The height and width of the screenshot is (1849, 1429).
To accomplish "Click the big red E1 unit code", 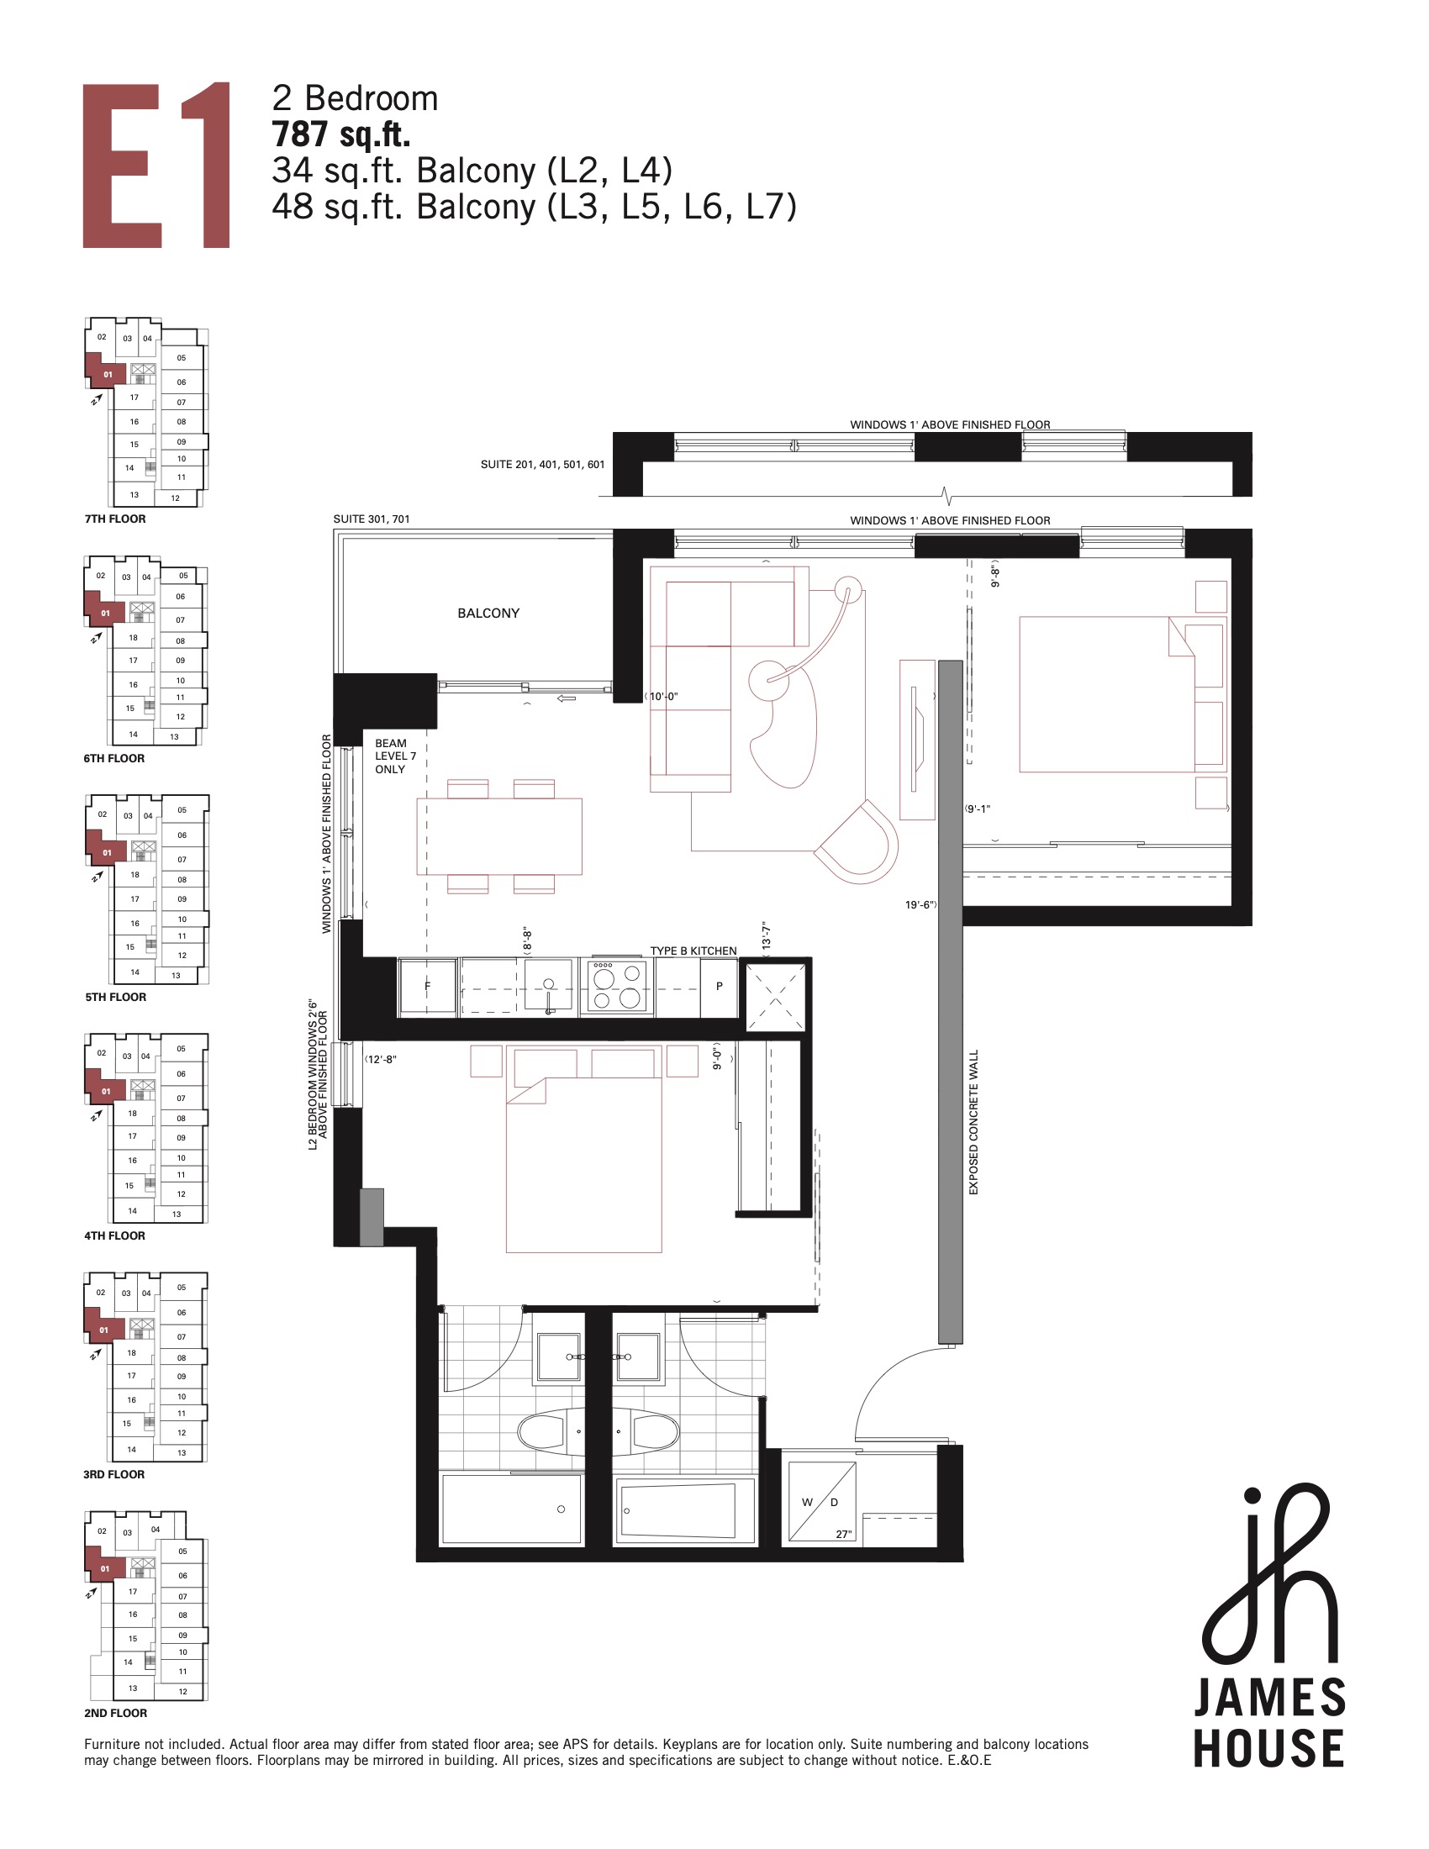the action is coord(156,165).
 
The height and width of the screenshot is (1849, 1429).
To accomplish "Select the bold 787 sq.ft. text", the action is coord(340,135).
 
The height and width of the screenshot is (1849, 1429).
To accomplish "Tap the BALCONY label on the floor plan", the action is coord(488,613).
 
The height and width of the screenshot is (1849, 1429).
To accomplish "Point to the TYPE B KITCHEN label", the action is coord(693,951).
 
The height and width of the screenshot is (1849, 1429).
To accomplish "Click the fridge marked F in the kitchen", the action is coord(427,987).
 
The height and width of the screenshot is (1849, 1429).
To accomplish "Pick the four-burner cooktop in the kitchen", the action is coord(616,987).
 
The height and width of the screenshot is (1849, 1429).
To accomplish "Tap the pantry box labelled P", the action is coord(719,987).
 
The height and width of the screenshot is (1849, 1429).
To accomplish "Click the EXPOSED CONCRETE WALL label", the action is coord(973,1123).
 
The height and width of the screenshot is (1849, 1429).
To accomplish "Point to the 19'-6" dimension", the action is coord(920,905).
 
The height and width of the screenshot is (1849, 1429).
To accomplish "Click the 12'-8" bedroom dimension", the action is coord(381,1059).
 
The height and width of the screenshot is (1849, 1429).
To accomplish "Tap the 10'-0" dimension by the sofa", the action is coord(663,697).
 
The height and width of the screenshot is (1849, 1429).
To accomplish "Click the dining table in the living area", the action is coord(499,836).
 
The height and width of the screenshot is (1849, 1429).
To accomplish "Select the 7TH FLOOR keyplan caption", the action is coord(115,519).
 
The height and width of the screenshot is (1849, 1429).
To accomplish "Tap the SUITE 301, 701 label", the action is coord(372,519).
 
